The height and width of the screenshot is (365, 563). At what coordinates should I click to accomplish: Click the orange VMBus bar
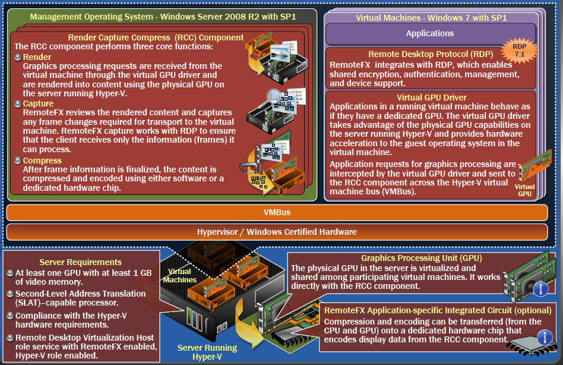[277, 212]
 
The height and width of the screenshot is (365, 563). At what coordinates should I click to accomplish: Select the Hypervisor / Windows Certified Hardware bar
[277, 232]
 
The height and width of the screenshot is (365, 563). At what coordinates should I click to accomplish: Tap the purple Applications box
[429, 33]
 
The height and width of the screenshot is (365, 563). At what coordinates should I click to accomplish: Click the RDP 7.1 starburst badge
[519, 51]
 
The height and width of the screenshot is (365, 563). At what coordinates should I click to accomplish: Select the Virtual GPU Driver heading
[431, 97]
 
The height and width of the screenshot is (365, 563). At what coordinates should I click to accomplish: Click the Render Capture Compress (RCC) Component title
[156, 37]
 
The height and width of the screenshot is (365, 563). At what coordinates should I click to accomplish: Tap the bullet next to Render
[17, 57]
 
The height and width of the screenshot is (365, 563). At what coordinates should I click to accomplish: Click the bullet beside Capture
[17, 104]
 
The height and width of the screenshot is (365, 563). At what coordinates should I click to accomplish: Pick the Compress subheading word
[42, 161]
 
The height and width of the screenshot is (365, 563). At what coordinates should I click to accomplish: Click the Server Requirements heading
[80, 262]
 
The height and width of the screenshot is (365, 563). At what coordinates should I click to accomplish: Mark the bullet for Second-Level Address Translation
[10, 294]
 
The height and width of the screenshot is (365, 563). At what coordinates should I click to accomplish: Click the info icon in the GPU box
[540, 289]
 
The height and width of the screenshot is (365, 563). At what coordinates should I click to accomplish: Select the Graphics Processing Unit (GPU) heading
[421, 258]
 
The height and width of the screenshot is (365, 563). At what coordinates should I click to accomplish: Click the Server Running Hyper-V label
[207, 352]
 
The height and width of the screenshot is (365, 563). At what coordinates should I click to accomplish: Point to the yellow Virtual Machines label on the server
[179, 275]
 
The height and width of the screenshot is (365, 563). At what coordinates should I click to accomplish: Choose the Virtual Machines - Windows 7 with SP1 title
[431, 18]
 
